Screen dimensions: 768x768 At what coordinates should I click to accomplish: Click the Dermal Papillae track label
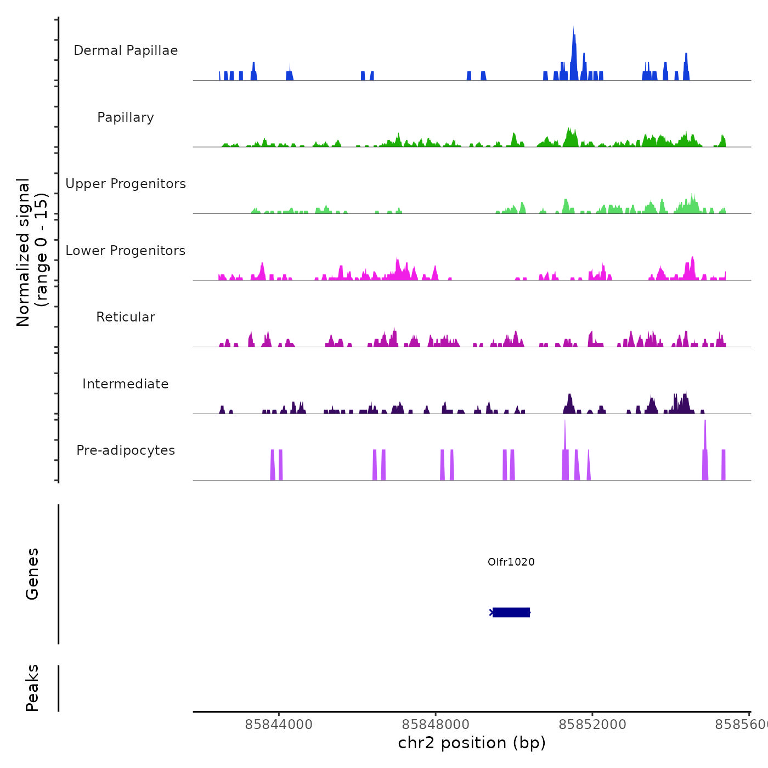pos(126,50)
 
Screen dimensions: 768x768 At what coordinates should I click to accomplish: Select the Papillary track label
pos(126,117)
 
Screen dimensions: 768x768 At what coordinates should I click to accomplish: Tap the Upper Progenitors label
pos(126,184)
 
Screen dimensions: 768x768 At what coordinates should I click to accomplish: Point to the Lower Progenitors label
pos(126,251)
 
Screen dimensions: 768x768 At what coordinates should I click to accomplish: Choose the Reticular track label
pos(126,317)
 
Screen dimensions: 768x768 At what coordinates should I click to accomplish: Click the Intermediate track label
pos(126,384)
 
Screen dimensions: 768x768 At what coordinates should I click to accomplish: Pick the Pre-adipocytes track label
pos(126,450)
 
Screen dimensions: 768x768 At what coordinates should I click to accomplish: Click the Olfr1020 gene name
pos(511,562)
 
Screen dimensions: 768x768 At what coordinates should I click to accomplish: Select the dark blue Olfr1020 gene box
pos(511,612)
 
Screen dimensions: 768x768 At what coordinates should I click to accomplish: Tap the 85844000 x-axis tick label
pos(279,725)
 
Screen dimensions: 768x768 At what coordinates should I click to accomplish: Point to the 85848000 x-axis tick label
pos(436,725)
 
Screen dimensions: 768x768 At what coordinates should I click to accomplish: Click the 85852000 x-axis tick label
pos(592,725)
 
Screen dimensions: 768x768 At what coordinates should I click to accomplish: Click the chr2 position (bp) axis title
pos(472,743)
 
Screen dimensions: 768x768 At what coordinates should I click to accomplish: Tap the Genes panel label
pos(32,574)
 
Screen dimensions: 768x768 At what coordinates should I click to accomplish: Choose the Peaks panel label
pos(32,688)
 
